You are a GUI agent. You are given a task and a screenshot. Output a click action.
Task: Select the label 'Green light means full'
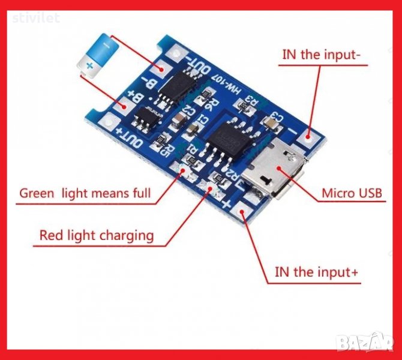[85, 193]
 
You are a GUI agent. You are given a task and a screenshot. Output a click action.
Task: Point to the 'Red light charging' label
[96, 235]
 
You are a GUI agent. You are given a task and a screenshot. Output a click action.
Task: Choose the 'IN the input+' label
[317, 272]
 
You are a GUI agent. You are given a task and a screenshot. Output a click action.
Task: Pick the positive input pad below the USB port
[244, 214]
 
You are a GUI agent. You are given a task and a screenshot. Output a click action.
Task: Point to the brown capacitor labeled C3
[272, 122]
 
